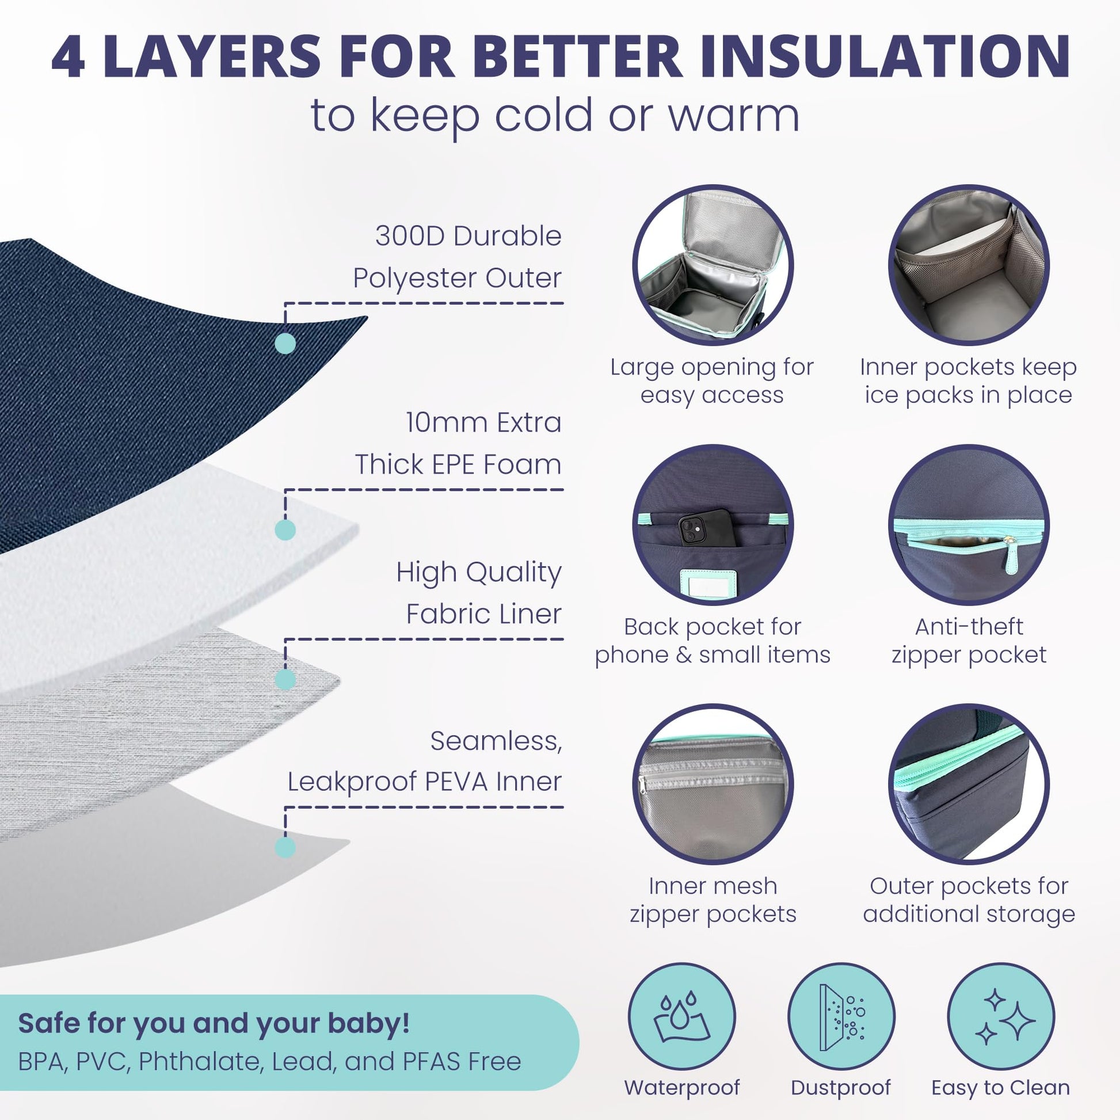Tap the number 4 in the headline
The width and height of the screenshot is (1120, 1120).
pyautogui.click(x=68, y=56)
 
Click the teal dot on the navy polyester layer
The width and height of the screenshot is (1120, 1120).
pyautogui.click(x=285, y=343)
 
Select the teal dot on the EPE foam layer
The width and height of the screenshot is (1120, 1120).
pyautogui.click(x=285, y=530)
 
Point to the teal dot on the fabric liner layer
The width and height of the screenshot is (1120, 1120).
pyautogui.click(x=285, y=679)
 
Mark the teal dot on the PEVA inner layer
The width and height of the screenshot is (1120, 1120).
pyautogui.click(x=285, y=848)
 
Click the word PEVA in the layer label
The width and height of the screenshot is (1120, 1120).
pyautogui.click(x=456, y=782)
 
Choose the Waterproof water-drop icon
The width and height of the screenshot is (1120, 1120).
pyautogui.click(x=682, y=1017)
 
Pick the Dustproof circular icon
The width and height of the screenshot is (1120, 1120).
pyautogui.click(x=841, y=1017)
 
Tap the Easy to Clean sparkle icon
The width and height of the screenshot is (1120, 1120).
pyautogui.click(x=1001, y=1017)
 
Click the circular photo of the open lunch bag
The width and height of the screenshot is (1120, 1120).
pyautogui.click(x=713, y=265)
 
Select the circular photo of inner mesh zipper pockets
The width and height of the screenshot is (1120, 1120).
pyautogui.click(x=713, y=784)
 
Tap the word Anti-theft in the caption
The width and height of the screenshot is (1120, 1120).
pyautogui.click(x=969, y=627)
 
